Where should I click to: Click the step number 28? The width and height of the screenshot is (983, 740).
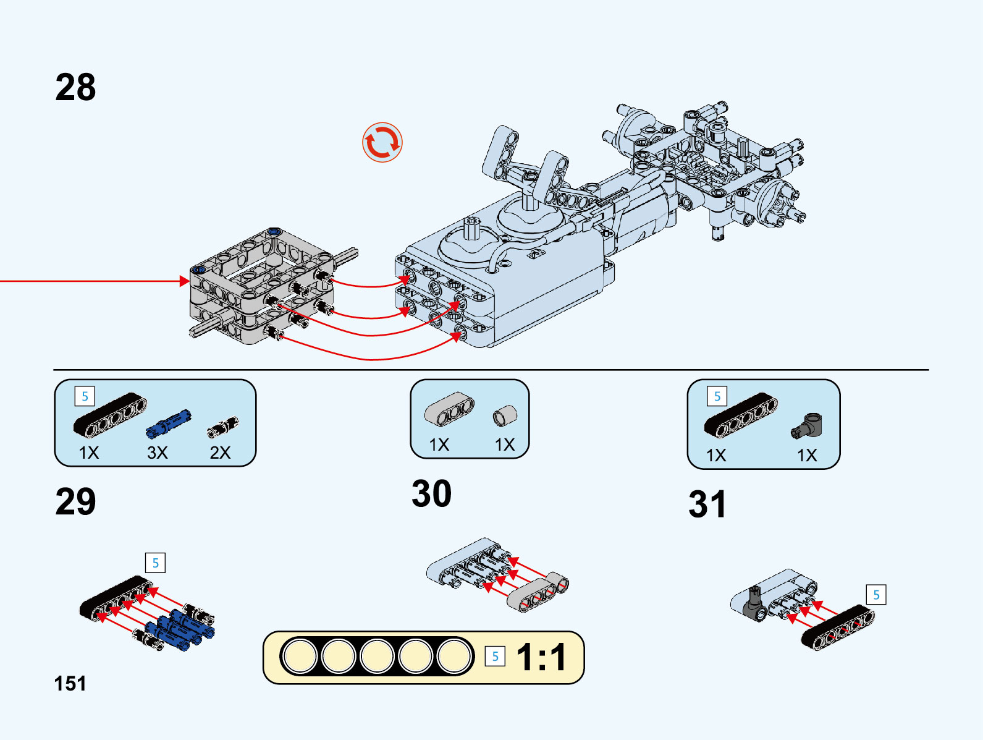[x=75, y=87]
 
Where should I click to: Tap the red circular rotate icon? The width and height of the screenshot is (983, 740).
[x=382, y=142]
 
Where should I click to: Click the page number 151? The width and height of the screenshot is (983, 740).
[x=70, y=683]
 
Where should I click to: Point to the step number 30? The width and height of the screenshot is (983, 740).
[x=431, y=493]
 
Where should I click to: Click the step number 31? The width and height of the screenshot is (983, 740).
[x=707, y=504]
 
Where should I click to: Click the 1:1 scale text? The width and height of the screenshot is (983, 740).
[x=541, y=657]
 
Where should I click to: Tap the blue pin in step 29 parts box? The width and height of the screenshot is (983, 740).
[x=169, y=423]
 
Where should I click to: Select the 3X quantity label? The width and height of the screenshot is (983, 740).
[x=157, y=453]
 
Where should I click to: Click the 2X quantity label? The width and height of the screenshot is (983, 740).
[x=220, y=453]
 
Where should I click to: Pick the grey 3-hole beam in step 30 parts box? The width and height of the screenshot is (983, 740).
[x=449, y=409]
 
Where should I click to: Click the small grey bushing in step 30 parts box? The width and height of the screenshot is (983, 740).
[x=504, y=415]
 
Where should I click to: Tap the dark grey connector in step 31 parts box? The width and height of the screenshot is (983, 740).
[x=807, y=425]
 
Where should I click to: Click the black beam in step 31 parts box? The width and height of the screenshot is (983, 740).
[x=741, y=414]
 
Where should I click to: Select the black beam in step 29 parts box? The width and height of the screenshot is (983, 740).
[x=110, y=414]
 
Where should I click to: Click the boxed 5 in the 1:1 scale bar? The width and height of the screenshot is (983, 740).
[x=495, y=657]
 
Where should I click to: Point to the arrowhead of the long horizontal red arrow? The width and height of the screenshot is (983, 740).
[x=185, y=281]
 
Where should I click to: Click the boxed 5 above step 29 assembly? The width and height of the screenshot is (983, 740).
[x=155, y=563]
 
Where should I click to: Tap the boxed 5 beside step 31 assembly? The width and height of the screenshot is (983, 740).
[x=876, y=595]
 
